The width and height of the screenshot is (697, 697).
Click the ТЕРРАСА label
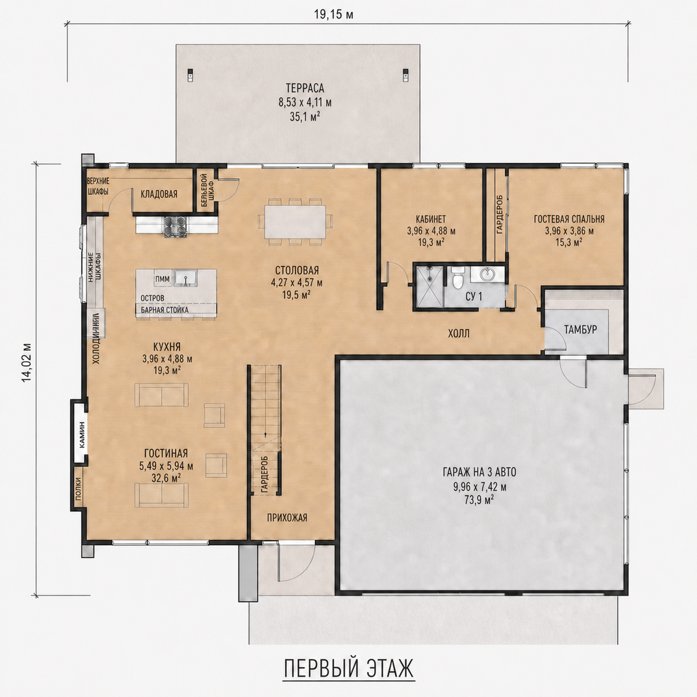point(305,88)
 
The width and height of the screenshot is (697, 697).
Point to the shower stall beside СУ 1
point(429,286)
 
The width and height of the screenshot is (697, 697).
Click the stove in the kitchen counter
point(176,226)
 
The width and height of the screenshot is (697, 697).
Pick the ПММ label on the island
point(162,279)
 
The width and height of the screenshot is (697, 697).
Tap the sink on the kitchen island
point(185,278)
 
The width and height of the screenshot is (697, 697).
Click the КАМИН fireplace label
point(82,435)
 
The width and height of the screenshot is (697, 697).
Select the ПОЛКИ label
point(78,489)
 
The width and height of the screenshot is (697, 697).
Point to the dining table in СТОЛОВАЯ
point(295,222)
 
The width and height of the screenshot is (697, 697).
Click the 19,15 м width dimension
point(333,14)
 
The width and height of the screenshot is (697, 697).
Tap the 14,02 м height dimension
point(27,362)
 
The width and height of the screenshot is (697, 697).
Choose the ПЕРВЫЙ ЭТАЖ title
point(348,669)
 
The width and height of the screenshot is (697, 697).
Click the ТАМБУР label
point(580,329)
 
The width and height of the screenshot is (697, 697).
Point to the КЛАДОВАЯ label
point(159,194)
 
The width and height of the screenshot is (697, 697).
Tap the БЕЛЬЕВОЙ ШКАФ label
point(207,190)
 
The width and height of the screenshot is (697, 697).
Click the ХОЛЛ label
point(459,333)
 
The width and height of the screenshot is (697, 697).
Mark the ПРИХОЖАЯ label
point(287,517)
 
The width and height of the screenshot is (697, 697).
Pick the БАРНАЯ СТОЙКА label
point(165,310)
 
